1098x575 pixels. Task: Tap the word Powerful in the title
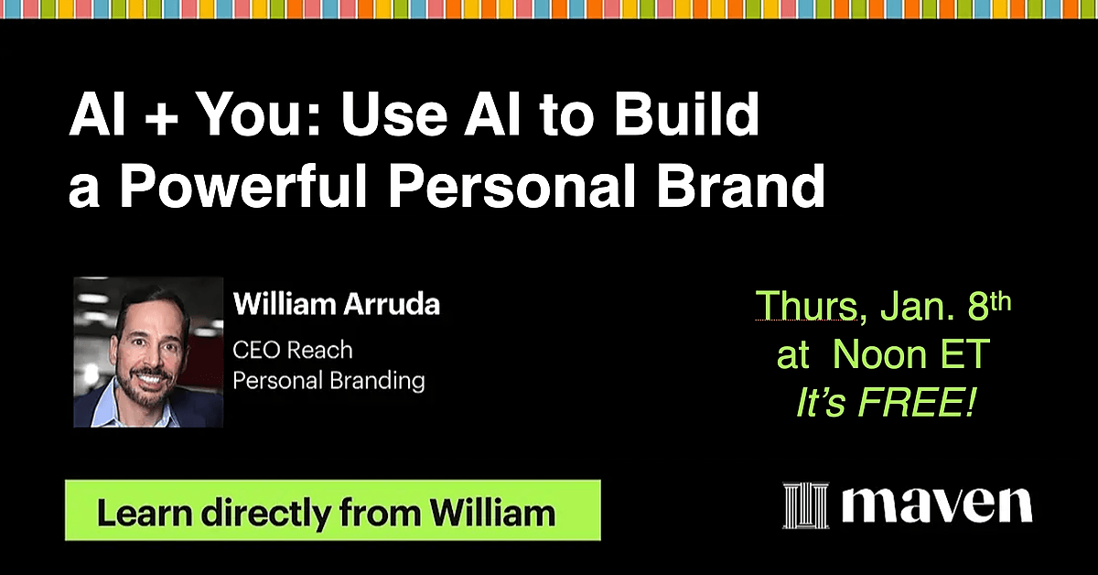coord(242,187)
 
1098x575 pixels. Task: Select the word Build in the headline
coord(687,114)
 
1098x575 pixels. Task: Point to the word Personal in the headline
coord(511,187)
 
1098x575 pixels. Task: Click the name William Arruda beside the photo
coord(337,304)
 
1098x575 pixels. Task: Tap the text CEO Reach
coord(293,351)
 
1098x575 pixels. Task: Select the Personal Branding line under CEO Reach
coord(328,381)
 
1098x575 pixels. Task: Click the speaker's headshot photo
coord(148,353)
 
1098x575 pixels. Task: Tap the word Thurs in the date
coord(806,306)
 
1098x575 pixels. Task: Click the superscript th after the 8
coord(1000,301)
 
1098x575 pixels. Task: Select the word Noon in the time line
coord(880,353)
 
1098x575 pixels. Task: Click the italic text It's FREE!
coord(886,402)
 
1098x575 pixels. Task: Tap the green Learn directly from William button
coord(333,510)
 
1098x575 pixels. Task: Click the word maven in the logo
coord(937,505)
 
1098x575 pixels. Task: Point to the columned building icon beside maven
coord(806,505)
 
